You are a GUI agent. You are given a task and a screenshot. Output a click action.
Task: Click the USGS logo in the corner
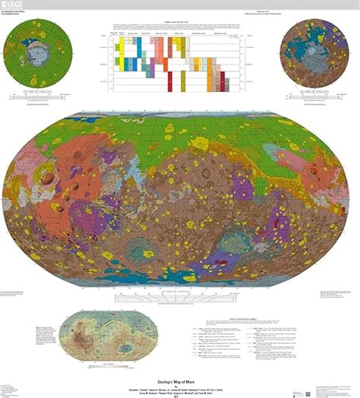[x=13, y=5]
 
